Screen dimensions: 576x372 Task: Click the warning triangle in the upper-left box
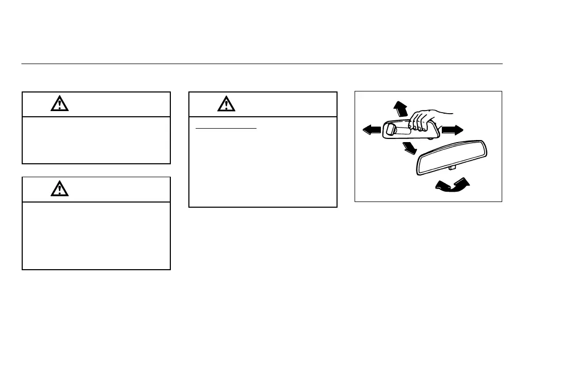(59, 104)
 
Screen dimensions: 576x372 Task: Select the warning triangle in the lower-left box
(59, 189)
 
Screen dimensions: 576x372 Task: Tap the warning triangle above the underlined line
(226, 104)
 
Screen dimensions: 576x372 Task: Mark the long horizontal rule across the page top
(262, 64)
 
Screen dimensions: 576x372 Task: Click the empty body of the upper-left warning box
(96, 140)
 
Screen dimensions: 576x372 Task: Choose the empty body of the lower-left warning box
(96, 235)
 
